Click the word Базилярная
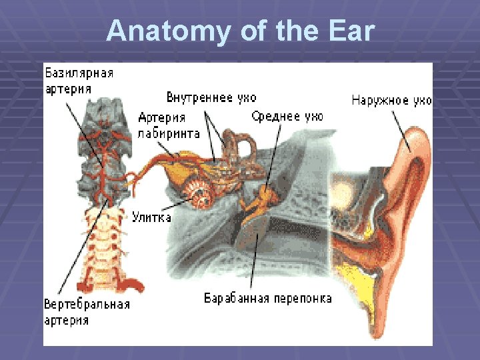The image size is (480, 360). pos(79,73)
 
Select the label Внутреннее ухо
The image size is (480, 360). pos(211,98)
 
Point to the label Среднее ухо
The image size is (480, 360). pos(287,117)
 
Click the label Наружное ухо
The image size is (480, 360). pos(391,101)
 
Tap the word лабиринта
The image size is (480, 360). pos(169,133)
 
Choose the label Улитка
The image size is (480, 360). pos(151,217)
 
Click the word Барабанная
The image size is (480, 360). pos(237,298)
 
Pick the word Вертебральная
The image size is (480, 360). pos(87,305)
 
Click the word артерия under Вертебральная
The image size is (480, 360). pos(66,320)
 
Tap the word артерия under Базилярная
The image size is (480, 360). pos(68,89)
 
